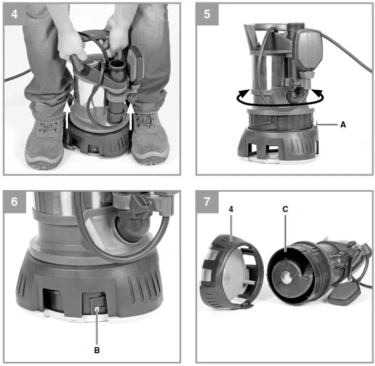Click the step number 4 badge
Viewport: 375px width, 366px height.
click(14, 13)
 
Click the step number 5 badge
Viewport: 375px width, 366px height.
click(207, 13)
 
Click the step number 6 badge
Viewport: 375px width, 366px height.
click(14, 201)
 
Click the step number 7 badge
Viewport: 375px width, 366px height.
click(207, 201)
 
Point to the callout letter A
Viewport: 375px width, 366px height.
click(343, 124)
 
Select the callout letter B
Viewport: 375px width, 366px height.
click(97, 350)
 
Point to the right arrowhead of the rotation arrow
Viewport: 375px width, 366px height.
click(319, 93)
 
